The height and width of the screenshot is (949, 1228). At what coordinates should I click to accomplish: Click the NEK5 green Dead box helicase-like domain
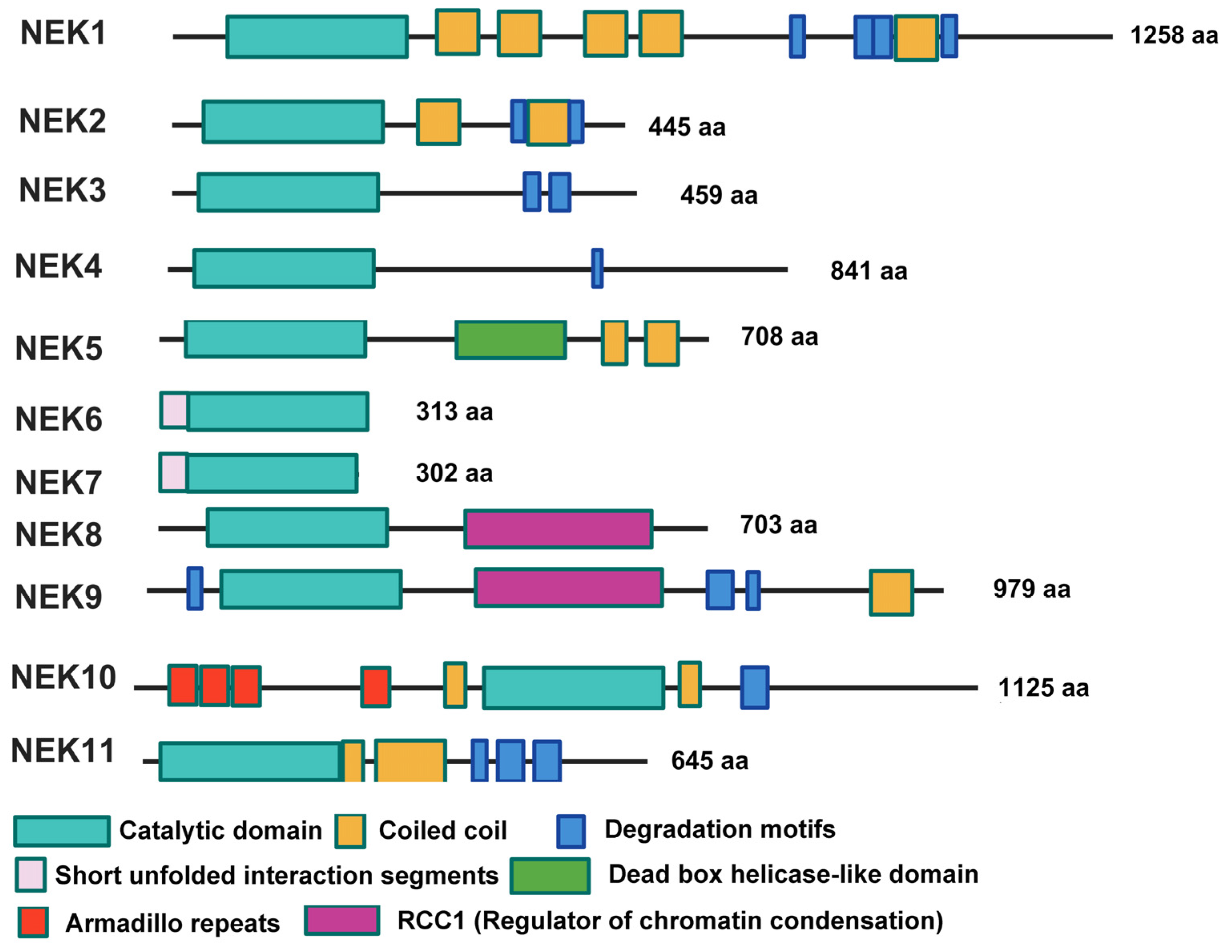[510, 340]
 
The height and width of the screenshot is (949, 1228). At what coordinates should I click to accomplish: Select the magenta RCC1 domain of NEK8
[558, 528]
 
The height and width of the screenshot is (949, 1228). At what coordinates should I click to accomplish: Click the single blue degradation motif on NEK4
[597, 269]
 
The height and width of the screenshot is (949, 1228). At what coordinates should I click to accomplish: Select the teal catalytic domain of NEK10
[573, 687]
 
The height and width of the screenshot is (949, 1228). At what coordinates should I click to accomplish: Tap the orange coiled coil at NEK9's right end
[891, 592]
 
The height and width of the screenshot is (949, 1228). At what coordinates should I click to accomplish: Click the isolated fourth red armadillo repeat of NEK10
[376, 686]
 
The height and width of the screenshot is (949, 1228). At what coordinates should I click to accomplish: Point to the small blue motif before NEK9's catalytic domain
[195, 588]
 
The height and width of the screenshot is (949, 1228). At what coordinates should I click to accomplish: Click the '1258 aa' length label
[1174, 35]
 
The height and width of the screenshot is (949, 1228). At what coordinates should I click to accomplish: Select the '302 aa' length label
[454, 472]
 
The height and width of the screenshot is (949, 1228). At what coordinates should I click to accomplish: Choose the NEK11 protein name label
[63, 751]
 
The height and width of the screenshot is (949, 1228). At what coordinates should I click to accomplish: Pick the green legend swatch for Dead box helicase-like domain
[550, 875]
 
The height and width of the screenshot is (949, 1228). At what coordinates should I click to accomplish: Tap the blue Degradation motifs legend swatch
[571, 831]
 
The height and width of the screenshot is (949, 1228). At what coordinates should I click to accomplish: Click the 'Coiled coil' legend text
[443, 830]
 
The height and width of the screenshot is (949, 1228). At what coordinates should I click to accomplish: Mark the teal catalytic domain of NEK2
[293, 121]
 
